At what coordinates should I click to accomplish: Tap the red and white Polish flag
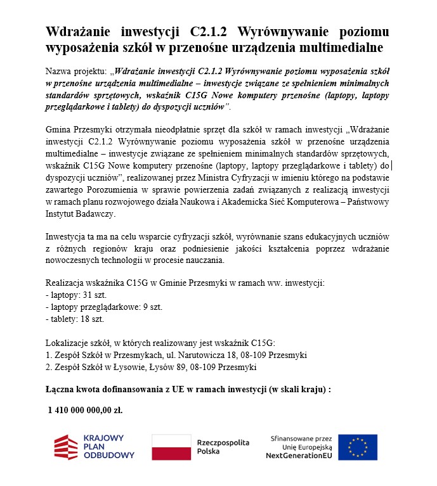(171, 447)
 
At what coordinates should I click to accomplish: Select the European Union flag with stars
(357, 447)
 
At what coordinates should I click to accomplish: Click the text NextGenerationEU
(298, 456)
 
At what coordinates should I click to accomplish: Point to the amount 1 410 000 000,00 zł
(86, 410)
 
